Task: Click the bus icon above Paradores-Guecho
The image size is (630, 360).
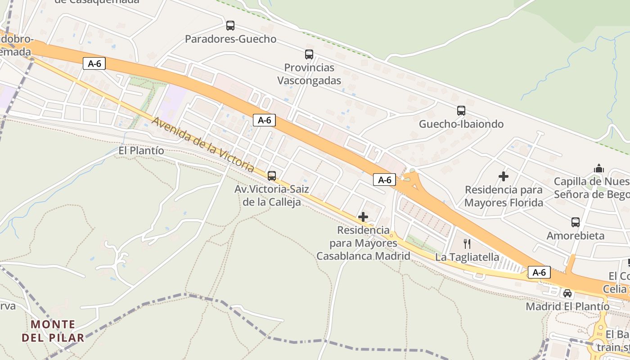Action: (230, 26)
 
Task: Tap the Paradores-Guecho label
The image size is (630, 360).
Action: (230, 39)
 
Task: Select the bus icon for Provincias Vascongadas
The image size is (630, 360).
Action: (309, 54)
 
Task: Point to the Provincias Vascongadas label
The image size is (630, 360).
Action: (309, 74)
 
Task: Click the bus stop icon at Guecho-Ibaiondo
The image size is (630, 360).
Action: (461, 111)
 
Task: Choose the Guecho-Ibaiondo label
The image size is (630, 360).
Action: (461, 124)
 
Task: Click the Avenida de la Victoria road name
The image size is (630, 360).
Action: (203, 144)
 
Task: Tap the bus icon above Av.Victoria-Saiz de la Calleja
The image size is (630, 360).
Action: (271, 175)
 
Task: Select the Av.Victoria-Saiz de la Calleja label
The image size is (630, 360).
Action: (271, 195)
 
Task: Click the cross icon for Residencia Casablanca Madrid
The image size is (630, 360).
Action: (363, 217)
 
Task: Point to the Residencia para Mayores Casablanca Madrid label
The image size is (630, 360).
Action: (363, 243)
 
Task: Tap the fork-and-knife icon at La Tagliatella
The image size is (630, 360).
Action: (467, 244)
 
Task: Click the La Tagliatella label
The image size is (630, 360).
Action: (467, 257)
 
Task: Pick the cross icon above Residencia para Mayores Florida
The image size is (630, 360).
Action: (504, 176)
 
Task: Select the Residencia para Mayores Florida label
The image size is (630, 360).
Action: (504, 196)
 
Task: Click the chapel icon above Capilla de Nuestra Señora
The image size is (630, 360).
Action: (598, 168)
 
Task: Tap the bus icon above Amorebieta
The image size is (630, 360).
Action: (576, 222)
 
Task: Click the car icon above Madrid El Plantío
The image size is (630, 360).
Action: (567, 293)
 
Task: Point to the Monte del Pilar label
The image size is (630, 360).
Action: (53, 331)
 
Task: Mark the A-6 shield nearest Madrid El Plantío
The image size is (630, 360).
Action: (539, 272)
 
